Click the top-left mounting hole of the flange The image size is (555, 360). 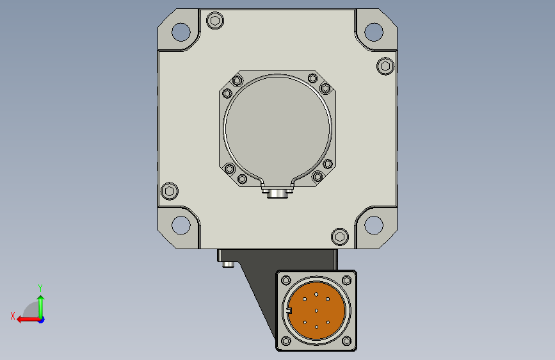pyautogui.click(x=181, y=31)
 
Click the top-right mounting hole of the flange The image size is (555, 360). pyautogui.click(x=374, y=31)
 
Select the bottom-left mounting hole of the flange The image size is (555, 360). pyautogui.click(x=181, y=225)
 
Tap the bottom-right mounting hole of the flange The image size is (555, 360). pyautogui.click(x=374, y=225)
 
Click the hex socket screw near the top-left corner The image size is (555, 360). pyautogui.click(x=215, y=20)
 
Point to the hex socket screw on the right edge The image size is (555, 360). pyautogui.click(x=385, y=66)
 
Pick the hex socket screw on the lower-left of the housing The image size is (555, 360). pyautogui.click(x=170, y=192)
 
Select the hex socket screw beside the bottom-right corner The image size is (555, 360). pyautogui.click(x=340, y=237)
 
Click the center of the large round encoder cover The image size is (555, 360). pyautogui.click(x=278, y=128)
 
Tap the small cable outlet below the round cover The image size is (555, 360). pyautogui.click(x=277, y=193)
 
